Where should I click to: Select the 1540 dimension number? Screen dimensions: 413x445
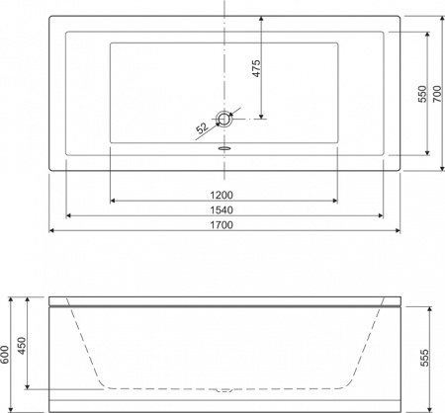pyautogui.click(x=222, y=208)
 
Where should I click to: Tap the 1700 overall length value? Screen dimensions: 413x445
pyautogui.click(x=222, y=225)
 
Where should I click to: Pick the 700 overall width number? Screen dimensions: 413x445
pyautogui.click(x=437, y=94)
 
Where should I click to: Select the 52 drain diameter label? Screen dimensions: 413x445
pyautogui.click(x=202, y=126)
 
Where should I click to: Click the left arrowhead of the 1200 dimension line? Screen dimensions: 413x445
pyautogui.click(x=112, y=200)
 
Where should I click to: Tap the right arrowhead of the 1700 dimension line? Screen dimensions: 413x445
pyautogui.click(x=397, y=232)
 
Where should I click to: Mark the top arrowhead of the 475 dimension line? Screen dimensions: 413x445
pyautogui.click(x=264, y=17)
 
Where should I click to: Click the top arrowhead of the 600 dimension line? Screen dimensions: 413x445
pyautogui.click(x=15, y=297)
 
